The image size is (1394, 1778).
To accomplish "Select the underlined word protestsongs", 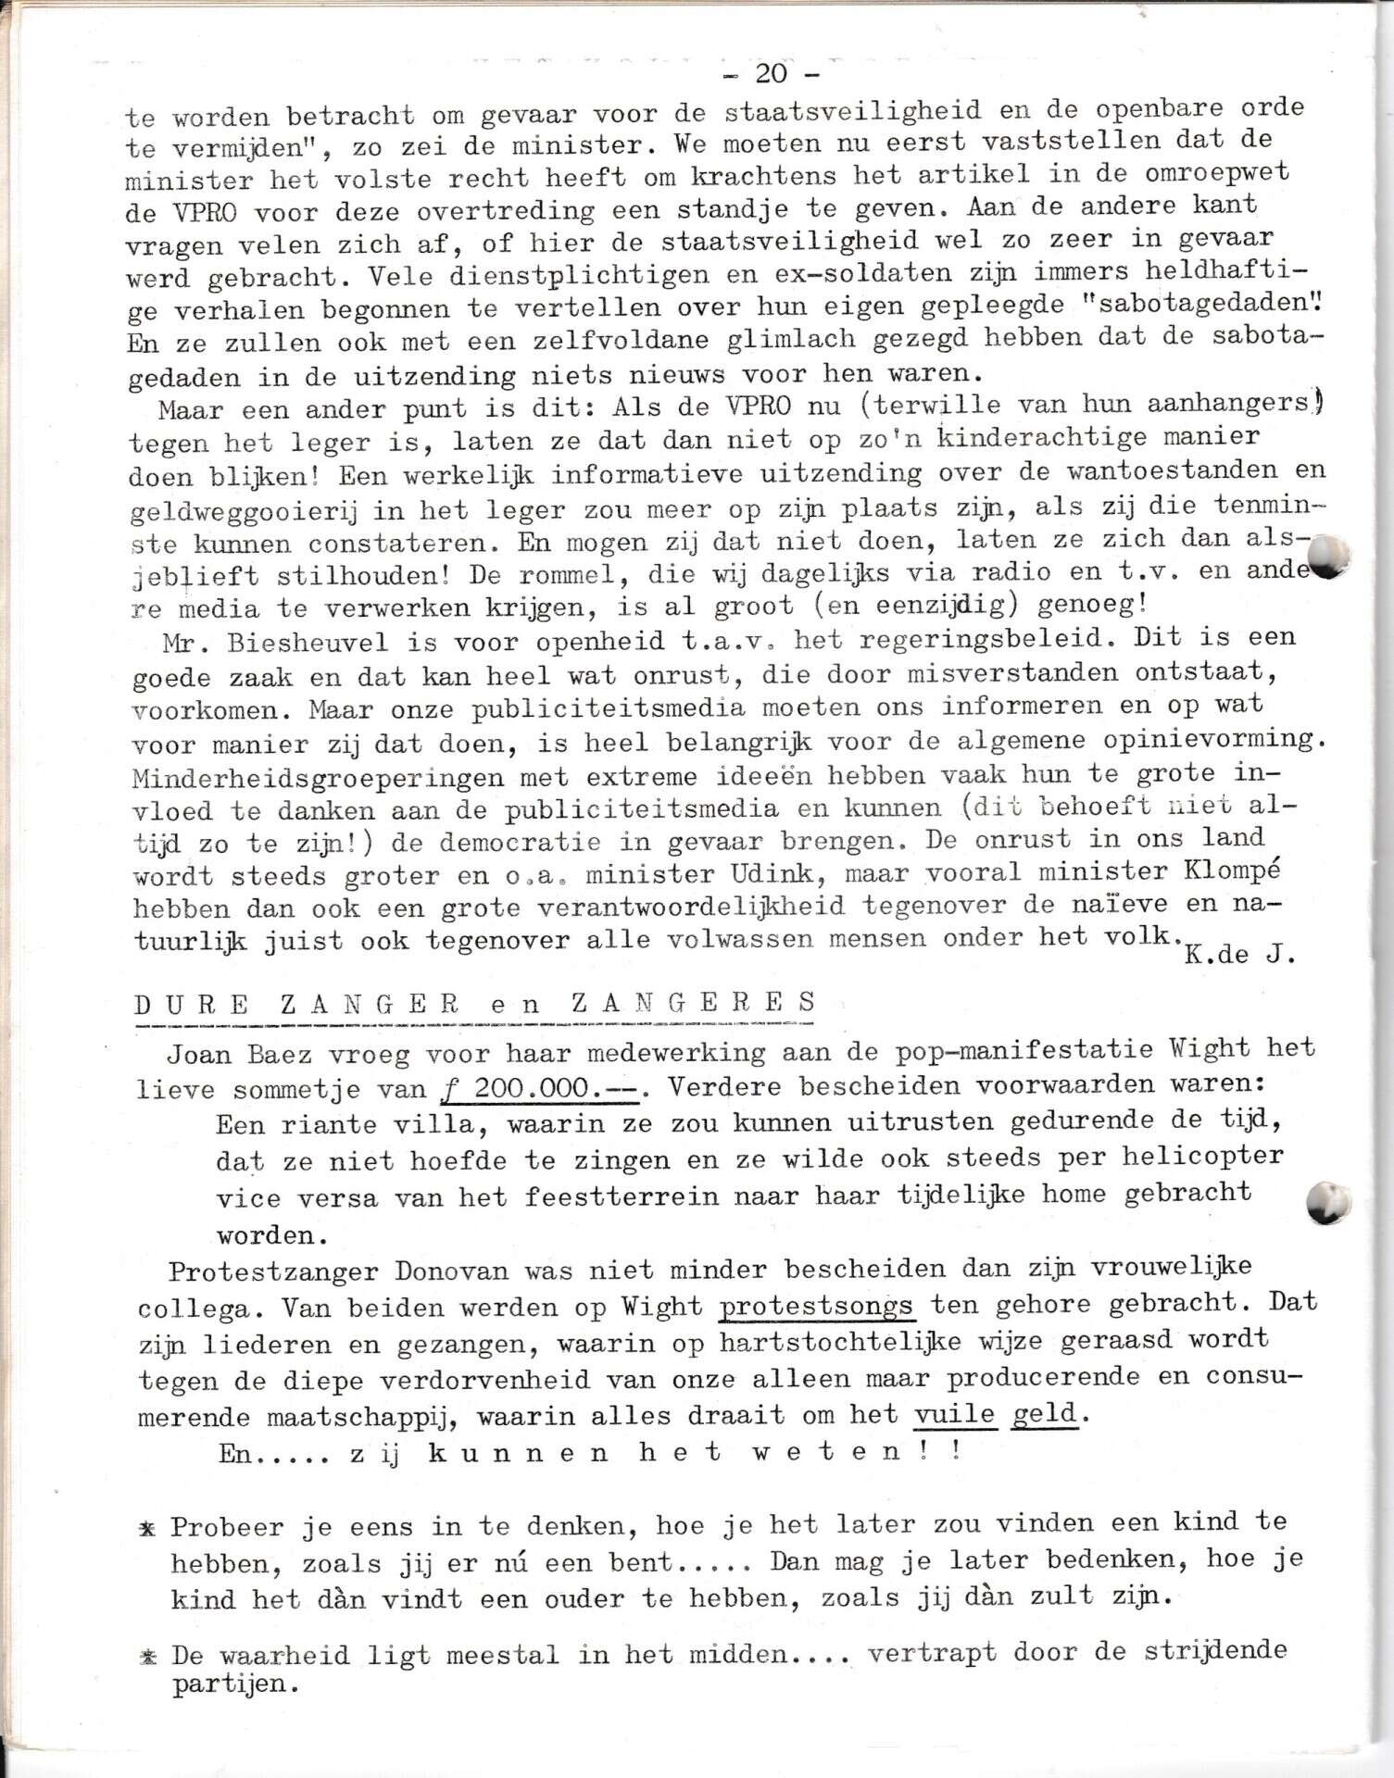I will click(817, 1306).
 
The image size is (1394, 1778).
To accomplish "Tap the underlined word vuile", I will click(954, 1414).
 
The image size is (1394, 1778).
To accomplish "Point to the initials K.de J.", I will click(1237, 955).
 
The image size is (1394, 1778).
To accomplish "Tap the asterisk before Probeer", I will click(147, 1529).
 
